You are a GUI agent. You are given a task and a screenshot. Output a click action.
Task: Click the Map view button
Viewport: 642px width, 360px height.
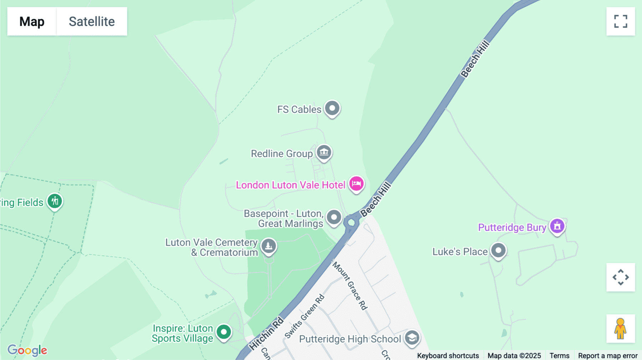pyautogui.click(x=32, y=21)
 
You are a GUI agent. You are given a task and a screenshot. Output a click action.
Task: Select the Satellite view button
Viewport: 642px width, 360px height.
pyautogui.click(x=92, y=21)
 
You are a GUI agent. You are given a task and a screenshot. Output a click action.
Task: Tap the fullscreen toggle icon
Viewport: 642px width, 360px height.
pyautogui.click(x=621, y=21)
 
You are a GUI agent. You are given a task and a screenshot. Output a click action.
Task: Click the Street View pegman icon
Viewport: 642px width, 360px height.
pyautogui.click(x=621, y=329)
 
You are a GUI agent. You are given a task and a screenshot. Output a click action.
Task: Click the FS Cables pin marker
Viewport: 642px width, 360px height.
pyautogui.click(x=332, y=108)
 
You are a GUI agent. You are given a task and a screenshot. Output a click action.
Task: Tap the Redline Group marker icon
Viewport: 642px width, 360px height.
pyautogui.click(x=324, y=153)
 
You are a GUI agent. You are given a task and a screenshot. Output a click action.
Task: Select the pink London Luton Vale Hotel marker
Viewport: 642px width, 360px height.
pyautogui.click(x=356, y=184)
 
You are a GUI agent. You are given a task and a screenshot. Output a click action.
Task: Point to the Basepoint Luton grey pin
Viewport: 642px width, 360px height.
pyautogui.click(x=334, y=217)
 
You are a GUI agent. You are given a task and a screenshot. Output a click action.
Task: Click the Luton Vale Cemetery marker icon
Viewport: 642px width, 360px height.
pyautogui.click(x=269, y=246)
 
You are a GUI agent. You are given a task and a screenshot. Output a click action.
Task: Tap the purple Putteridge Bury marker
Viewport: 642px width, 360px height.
pyautogui.click(x=557, y=226)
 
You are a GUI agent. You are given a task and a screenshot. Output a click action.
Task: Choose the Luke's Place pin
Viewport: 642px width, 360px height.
pyautogui.click(x=498, y=251)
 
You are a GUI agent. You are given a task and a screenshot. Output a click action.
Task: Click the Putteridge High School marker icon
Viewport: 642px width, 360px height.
pyautogui.click(x=412, y=338)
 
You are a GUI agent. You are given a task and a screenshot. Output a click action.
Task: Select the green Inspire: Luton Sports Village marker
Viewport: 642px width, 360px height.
pyautogui.click(x=224, y=332)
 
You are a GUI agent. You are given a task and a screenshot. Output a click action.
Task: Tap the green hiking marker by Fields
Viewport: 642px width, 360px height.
pyautogui.click(x=55, y=201)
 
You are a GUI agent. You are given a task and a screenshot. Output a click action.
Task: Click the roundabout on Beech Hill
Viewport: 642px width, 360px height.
pyautogui.click(x=351, y=222)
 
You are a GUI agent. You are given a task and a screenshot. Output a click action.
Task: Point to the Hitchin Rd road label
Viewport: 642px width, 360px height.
pyautogui.click(x=266, y=334)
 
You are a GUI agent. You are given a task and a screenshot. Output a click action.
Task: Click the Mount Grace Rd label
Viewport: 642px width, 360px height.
pyautogui.click(x=350, y=286)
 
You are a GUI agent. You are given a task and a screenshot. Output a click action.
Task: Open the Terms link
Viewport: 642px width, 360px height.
pyautogui.click(x=559, y=355)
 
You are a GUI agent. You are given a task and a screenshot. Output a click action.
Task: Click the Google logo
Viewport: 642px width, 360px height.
pyautogui.click(x=27, y=350)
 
